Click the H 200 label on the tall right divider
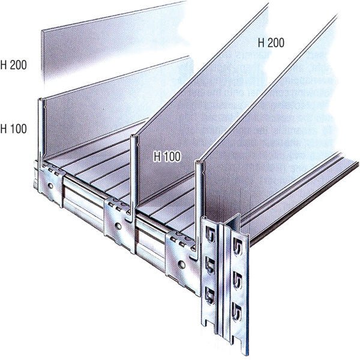[x=271, y=43]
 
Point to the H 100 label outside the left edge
[x=13, y=128]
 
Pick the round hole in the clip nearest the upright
[x=181, y=264]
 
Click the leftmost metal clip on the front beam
[x=50, y=184]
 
